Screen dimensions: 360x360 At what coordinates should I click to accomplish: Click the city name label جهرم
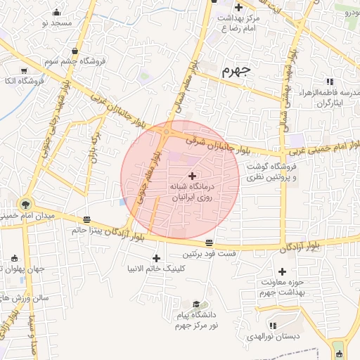(x=236, y=71)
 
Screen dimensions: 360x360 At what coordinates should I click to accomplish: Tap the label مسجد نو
(x=56, y=23)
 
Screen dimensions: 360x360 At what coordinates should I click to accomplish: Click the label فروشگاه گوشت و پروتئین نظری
(x=271, y=172)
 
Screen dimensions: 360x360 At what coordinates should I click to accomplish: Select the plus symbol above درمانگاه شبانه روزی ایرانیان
(x=192, y=176)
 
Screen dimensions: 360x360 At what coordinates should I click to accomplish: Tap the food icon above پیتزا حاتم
(x=86, y=219)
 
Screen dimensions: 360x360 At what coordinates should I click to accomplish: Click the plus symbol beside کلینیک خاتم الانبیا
(x=156, y=258)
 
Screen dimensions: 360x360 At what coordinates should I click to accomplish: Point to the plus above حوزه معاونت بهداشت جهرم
(x=283, y=271)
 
